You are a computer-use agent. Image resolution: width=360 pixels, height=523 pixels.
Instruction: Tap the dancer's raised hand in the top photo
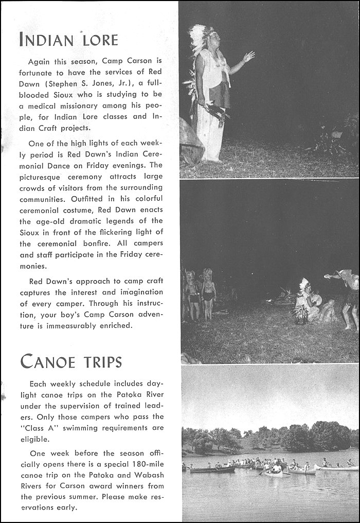[x=249, y=56]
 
